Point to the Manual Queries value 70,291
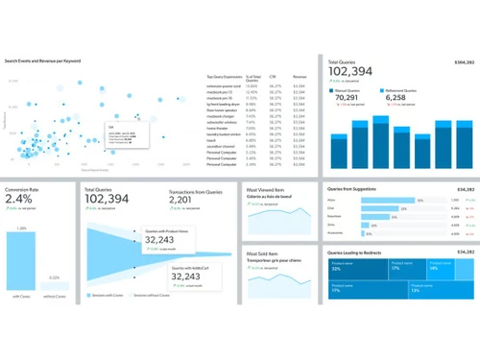[x=348, y=97]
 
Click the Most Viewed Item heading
[x=267, y=192]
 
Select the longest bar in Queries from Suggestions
[x=389, y=201]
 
